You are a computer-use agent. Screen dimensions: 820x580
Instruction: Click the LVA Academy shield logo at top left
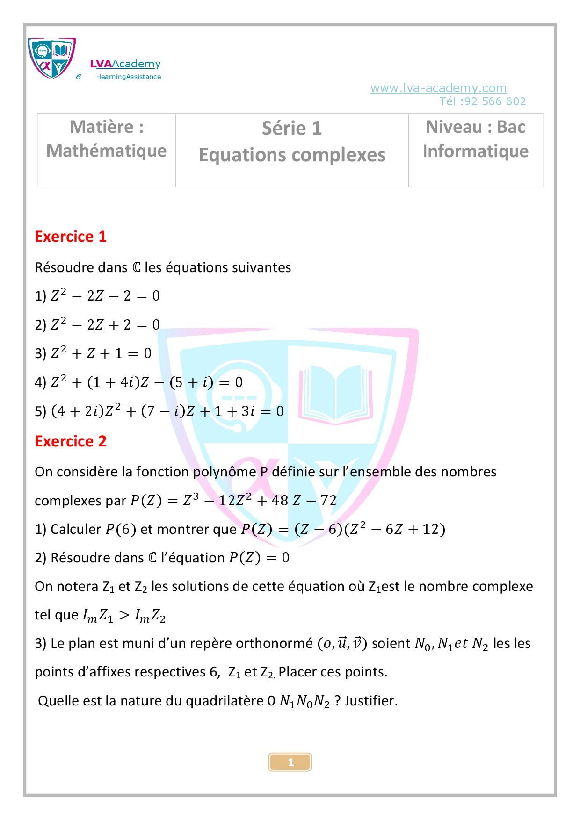(x=51, y=58)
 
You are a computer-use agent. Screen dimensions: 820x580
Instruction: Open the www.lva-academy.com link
(x=438, y=88)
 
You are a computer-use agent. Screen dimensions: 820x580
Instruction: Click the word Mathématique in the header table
(x=106, y=151)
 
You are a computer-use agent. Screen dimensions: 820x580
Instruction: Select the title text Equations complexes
(x=292, y=155)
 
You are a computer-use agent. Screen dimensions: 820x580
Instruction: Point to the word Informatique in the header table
(x=475, y=151)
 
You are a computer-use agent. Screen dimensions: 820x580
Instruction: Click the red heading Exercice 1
(x=71, y=237)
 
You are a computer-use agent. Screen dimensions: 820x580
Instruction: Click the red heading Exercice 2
(x=71, y=441)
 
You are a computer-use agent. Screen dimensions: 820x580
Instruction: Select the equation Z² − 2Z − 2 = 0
(x=105, y=296)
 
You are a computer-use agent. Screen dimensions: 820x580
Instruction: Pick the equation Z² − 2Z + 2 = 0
(x=105, y=324)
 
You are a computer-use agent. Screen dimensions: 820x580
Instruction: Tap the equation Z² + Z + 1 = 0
(x=101, y=353)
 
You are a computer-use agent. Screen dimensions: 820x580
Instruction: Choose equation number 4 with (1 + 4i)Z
(x=146, y=382)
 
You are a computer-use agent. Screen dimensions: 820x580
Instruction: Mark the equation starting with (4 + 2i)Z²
(x=167, y=411)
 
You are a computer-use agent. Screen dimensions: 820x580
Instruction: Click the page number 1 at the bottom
(x=290, y=762)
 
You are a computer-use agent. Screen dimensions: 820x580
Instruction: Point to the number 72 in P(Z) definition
(x=328, y=501)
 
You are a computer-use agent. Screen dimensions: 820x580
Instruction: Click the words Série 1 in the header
(x=292, y=128)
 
